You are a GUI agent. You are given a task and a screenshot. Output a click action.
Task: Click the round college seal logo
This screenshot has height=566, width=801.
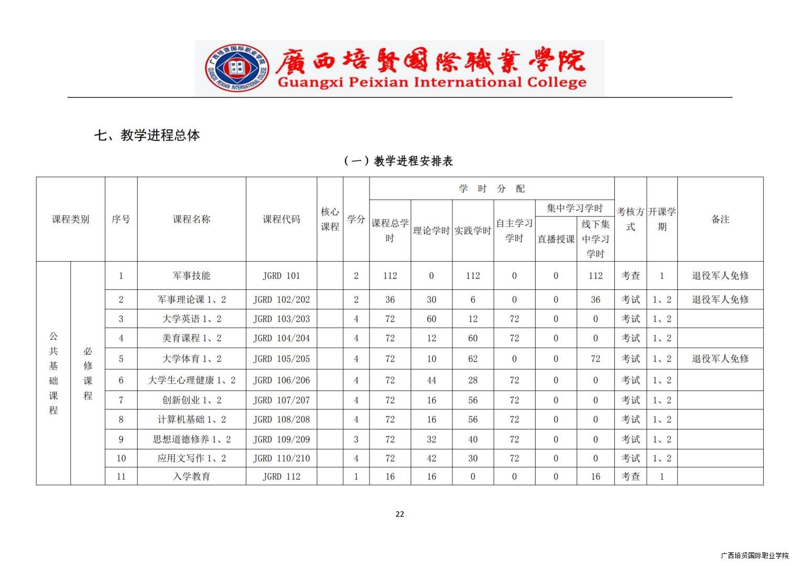[x=237, y=69]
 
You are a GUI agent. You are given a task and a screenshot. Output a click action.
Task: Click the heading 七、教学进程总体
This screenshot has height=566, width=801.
[x=147, y=135]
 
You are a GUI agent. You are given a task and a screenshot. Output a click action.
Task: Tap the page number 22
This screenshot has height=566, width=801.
[x=399, y=514]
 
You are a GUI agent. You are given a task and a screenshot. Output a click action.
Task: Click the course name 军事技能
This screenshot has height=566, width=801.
[x=191, y=276]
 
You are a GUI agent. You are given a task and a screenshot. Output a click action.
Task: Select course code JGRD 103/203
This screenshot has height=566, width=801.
[x=282, y=319]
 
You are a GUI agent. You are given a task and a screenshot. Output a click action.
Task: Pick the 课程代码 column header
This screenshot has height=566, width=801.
[x=282, y=220]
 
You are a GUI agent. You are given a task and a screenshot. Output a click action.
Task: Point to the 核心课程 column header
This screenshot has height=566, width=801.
[x=330, y=220]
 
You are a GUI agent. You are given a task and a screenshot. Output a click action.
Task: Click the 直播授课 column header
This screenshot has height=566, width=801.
[x=556, y=239]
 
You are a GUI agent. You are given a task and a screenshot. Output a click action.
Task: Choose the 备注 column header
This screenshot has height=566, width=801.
[x=720, y=220]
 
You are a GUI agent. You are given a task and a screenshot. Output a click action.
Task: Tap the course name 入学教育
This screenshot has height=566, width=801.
[x=191, y=476]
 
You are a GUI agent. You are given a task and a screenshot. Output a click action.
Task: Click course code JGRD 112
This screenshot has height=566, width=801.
[x=282, y=476]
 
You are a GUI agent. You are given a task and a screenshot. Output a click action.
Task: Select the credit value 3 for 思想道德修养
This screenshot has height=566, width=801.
[x=356, y=439]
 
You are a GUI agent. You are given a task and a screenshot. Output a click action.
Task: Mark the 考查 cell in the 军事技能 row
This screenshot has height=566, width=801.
[x=630, y=276]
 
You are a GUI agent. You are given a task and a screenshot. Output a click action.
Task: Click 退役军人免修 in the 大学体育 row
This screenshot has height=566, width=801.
[x=720, y=359]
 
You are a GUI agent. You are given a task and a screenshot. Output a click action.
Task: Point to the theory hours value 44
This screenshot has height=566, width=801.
[x=431, y=380]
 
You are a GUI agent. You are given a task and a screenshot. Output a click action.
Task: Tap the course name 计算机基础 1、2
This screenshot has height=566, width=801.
[x=191, y=420]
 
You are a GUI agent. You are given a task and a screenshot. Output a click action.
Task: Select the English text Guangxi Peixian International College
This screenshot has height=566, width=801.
[x=431, y=82]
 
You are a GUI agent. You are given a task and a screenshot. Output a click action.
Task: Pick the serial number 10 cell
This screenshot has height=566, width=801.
[x=121, y=459]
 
